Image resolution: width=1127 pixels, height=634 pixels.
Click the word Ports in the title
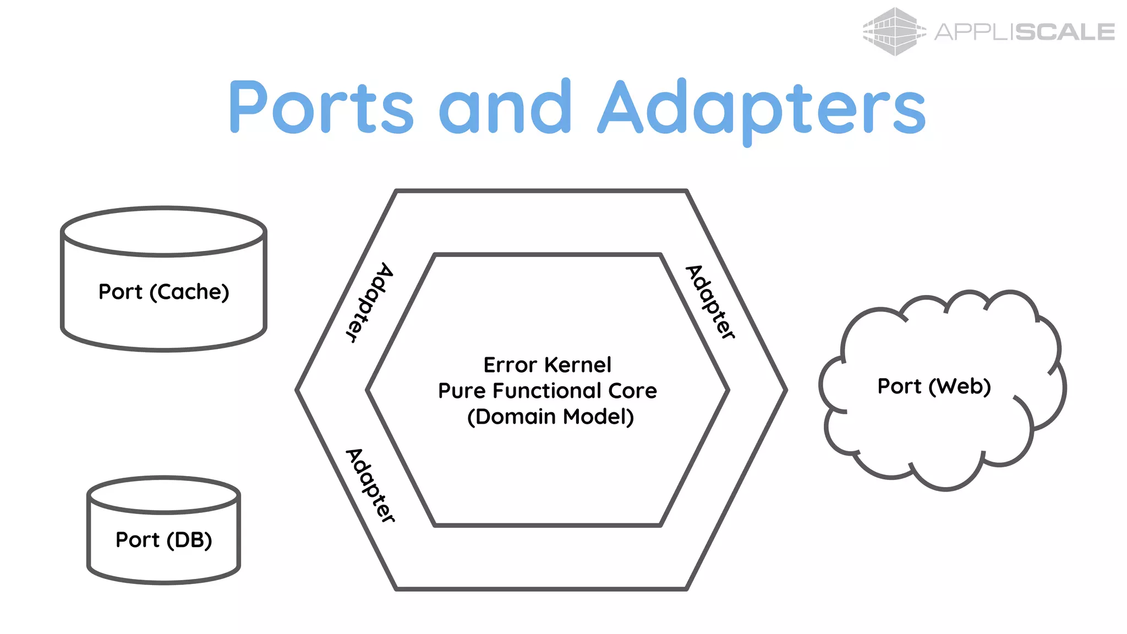(321, 107)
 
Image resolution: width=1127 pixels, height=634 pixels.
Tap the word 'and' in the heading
(505, 107)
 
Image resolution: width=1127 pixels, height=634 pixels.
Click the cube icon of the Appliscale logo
(894, 31)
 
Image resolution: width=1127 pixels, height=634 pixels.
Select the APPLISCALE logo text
(1024, 32)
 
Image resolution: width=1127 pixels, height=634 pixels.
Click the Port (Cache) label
(163, 292)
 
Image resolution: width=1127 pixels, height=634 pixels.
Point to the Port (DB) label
(163, 540)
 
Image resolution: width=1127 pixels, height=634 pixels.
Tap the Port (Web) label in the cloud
(934, 386)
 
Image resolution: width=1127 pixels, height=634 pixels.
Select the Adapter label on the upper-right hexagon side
(710, 302)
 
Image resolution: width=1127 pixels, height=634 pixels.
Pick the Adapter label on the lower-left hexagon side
(370, 485)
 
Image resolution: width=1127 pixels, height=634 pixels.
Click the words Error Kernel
(547, 365)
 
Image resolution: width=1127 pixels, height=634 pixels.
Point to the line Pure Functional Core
(547, 391)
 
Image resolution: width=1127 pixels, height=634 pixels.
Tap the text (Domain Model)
(550, 417)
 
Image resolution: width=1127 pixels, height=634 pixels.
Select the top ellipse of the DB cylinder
(163, 495)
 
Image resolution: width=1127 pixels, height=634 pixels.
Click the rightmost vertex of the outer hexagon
(786, 390)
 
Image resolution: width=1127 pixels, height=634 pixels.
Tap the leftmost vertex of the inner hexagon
(368, 390)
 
